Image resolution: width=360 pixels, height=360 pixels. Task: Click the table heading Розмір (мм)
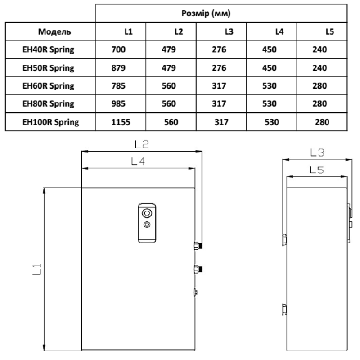(206, 13)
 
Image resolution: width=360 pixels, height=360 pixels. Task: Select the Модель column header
(54, 31)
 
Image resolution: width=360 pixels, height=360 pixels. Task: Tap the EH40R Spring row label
(49, 49)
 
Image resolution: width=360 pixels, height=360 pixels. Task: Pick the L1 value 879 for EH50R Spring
(118, 68)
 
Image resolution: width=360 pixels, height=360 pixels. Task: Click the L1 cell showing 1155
(121, 122)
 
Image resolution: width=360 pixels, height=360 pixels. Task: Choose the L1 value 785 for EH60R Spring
(118, 86)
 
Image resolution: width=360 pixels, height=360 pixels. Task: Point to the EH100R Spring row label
(51, 122)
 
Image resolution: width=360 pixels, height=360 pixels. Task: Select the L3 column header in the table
(229, 31)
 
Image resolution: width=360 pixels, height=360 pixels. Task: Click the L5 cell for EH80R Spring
(319, 104)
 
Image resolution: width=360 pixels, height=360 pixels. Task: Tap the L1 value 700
(118, 49)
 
